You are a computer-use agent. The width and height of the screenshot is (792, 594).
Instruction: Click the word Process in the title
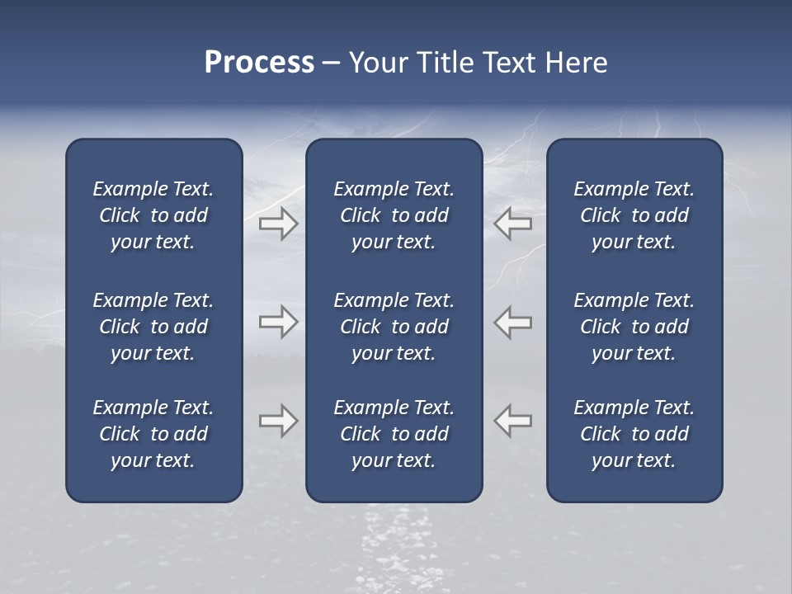(259, 63)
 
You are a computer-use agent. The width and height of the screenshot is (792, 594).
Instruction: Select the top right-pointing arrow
(278, 224)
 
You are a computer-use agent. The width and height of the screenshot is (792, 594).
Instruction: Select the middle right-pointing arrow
(278, 322)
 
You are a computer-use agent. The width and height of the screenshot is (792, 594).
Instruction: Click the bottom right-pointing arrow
(278, 421)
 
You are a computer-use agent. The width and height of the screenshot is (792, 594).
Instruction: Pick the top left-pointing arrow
(513, 224)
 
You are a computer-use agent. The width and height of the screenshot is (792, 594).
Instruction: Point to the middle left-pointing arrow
(513, 322)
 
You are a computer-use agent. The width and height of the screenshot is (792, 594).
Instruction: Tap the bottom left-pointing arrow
(513, 421)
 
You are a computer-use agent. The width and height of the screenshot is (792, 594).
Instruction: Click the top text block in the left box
(153, 215)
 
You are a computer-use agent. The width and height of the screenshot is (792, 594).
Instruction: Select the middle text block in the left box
(153, 327)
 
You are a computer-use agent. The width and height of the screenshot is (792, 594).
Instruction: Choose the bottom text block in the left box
(153, 434)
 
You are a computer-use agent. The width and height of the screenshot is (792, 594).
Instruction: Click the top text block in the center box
(394, 215)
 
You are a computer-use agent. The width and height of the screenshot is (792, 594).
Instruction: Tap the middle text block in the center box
(394, 327)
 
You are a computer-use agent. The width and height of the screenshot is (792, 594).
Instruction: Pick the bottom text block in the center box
(394, 434)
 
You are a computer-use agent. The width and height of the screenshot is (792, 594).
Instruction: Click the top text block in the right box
(634, 215)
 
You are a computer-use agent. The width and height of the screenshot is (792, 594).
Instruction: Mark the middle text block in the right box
(634, 327)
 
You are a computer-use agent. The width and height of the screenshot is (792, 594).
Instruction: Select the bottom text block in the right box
(634, 434)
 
